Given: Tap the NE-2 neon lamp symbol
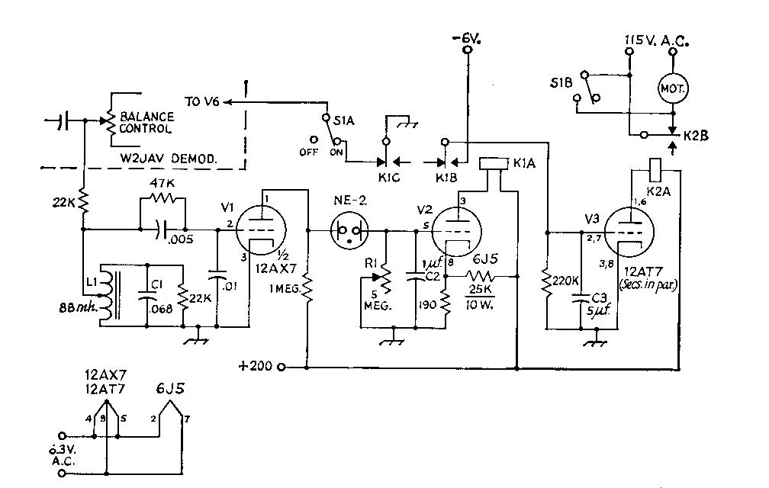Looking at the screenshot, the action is pos(349,230).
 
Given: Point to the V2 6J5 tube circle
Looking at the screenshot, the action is pos(456,231).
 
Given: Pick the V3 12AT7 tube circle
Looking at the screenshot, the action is pos(629,232).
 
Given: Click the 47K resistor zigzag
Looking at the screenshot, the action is pos(162,198).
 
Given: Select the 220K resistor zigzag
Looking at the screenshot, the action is pos(546,281).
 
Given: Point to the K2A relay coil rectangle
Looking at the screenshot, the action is pos(655,170).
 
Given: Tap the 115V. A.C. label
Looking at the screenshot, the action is pos(657,40).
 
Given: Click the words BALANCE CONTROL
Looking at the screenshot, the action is pos(146,123).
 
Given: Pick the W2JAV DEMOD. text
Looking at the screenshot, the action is pos(169,159).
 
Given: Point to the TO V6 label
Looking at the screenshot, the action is pos(201,102).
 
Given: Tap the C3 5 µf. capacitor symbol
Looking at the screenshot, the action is pos(581,298).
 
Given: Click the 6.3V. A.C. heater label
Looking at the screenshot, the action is pos(63,455).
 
